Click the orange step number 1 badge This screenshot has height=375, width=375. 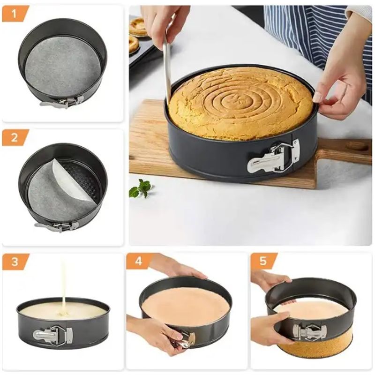pos(15,14)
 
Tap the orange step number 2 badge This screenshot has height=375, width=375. pos(15,137)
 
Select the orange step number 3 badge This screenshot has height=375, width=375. pos(15,261)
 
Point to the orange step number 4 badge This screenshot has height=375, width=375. pos(139,261)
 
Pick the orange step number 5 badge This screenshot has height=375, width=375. pos(263,261)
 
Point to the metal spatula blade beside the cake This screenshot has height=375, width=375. pos(167,70)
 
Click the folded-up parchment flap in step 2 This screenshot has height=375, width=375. pos(70,180)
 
